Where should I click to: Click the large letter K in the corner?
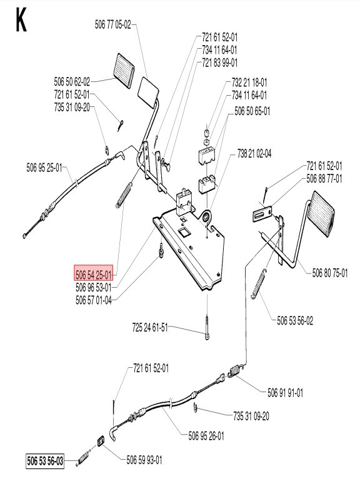[21, 21]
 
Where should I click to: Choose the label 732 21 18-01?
[249, 83]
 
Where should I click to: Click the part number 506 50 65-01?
[252, 110]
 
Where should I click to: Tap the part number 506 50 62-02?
[72, 81]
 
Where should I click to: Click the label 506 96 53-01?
[93, 287]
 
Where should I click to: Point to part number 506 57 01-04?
[93, 300]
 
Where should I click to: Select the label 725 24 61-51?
[151, 327]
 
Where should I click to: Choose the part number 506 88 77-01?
[324, 178]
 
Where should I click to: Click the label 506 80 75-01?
[330, 272]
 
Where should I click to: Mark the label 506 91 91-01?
[286, 393]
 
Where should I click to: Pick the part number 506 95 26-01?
[206, 435]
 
